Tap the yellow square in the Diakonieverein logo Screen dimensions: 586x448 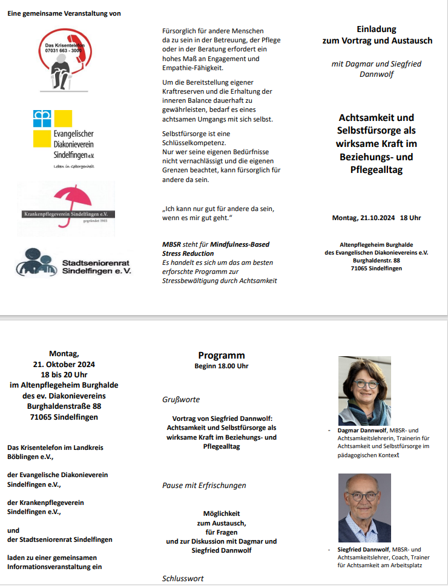click(x=63, y=119)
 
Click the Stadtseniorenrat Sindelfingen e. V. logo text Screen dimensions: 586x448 click(x=96, y=267)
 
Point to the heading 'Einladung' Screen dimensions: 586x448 click(x=377, y=29)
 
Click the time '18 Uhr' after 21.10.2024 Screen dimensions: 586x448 click(x=410, y=218)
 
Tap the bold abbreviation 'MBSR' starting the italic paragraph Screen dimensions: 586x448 click(x=172, y=244)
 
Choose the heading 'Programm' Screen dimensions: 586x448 click(x=221, y=356)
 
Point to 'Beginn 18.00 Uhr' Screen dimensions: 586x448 click(x=221, y=366)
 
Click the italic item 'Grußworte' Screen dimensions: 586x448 click(x=181, y=400)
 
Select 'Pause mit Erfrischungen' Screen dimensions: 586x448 click(x=204, y=486)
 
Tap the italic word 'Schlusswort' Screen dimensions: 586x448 click(x=183, y=579)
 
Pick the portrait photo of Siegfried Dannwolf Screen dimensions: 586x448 click(x=364, y=507)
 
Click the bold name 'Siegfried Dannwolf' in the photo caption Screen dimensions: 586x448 click(x=361, y=550)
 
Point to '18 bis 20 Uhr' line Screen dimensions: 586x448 click(x=64, y=375)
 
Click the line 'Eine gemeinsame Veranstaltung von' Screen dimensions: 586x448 click(x=64, y=13)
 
